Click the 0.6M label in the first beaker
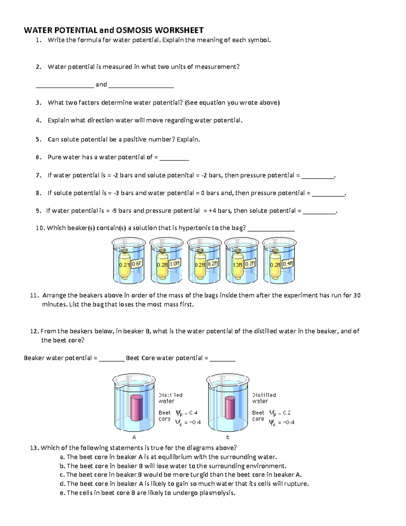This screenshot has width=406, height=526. [x=137, y=264]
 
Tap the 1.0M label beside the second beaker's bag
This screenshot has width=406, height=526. [x=175, y=263]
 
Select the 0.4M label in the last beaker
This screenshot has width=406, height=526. [x=288, y=263]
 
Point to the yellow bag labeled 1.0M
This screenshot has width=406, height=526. [x=238, y=264]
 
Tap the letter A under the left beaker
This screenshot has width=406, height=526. [x=134, y=437]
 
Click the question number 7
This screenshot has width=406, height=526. [x=39, y=175]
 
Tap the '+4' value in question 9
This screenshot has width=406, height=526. [x=212, y=211]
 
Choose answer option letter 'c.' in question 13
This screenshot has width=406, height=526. [x=62, y=475]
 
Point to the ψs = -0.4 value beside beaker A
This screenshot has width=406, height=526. [x=188, y=422]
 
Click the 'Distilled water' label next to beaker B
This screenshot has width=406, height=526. [x=264, y=398]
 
